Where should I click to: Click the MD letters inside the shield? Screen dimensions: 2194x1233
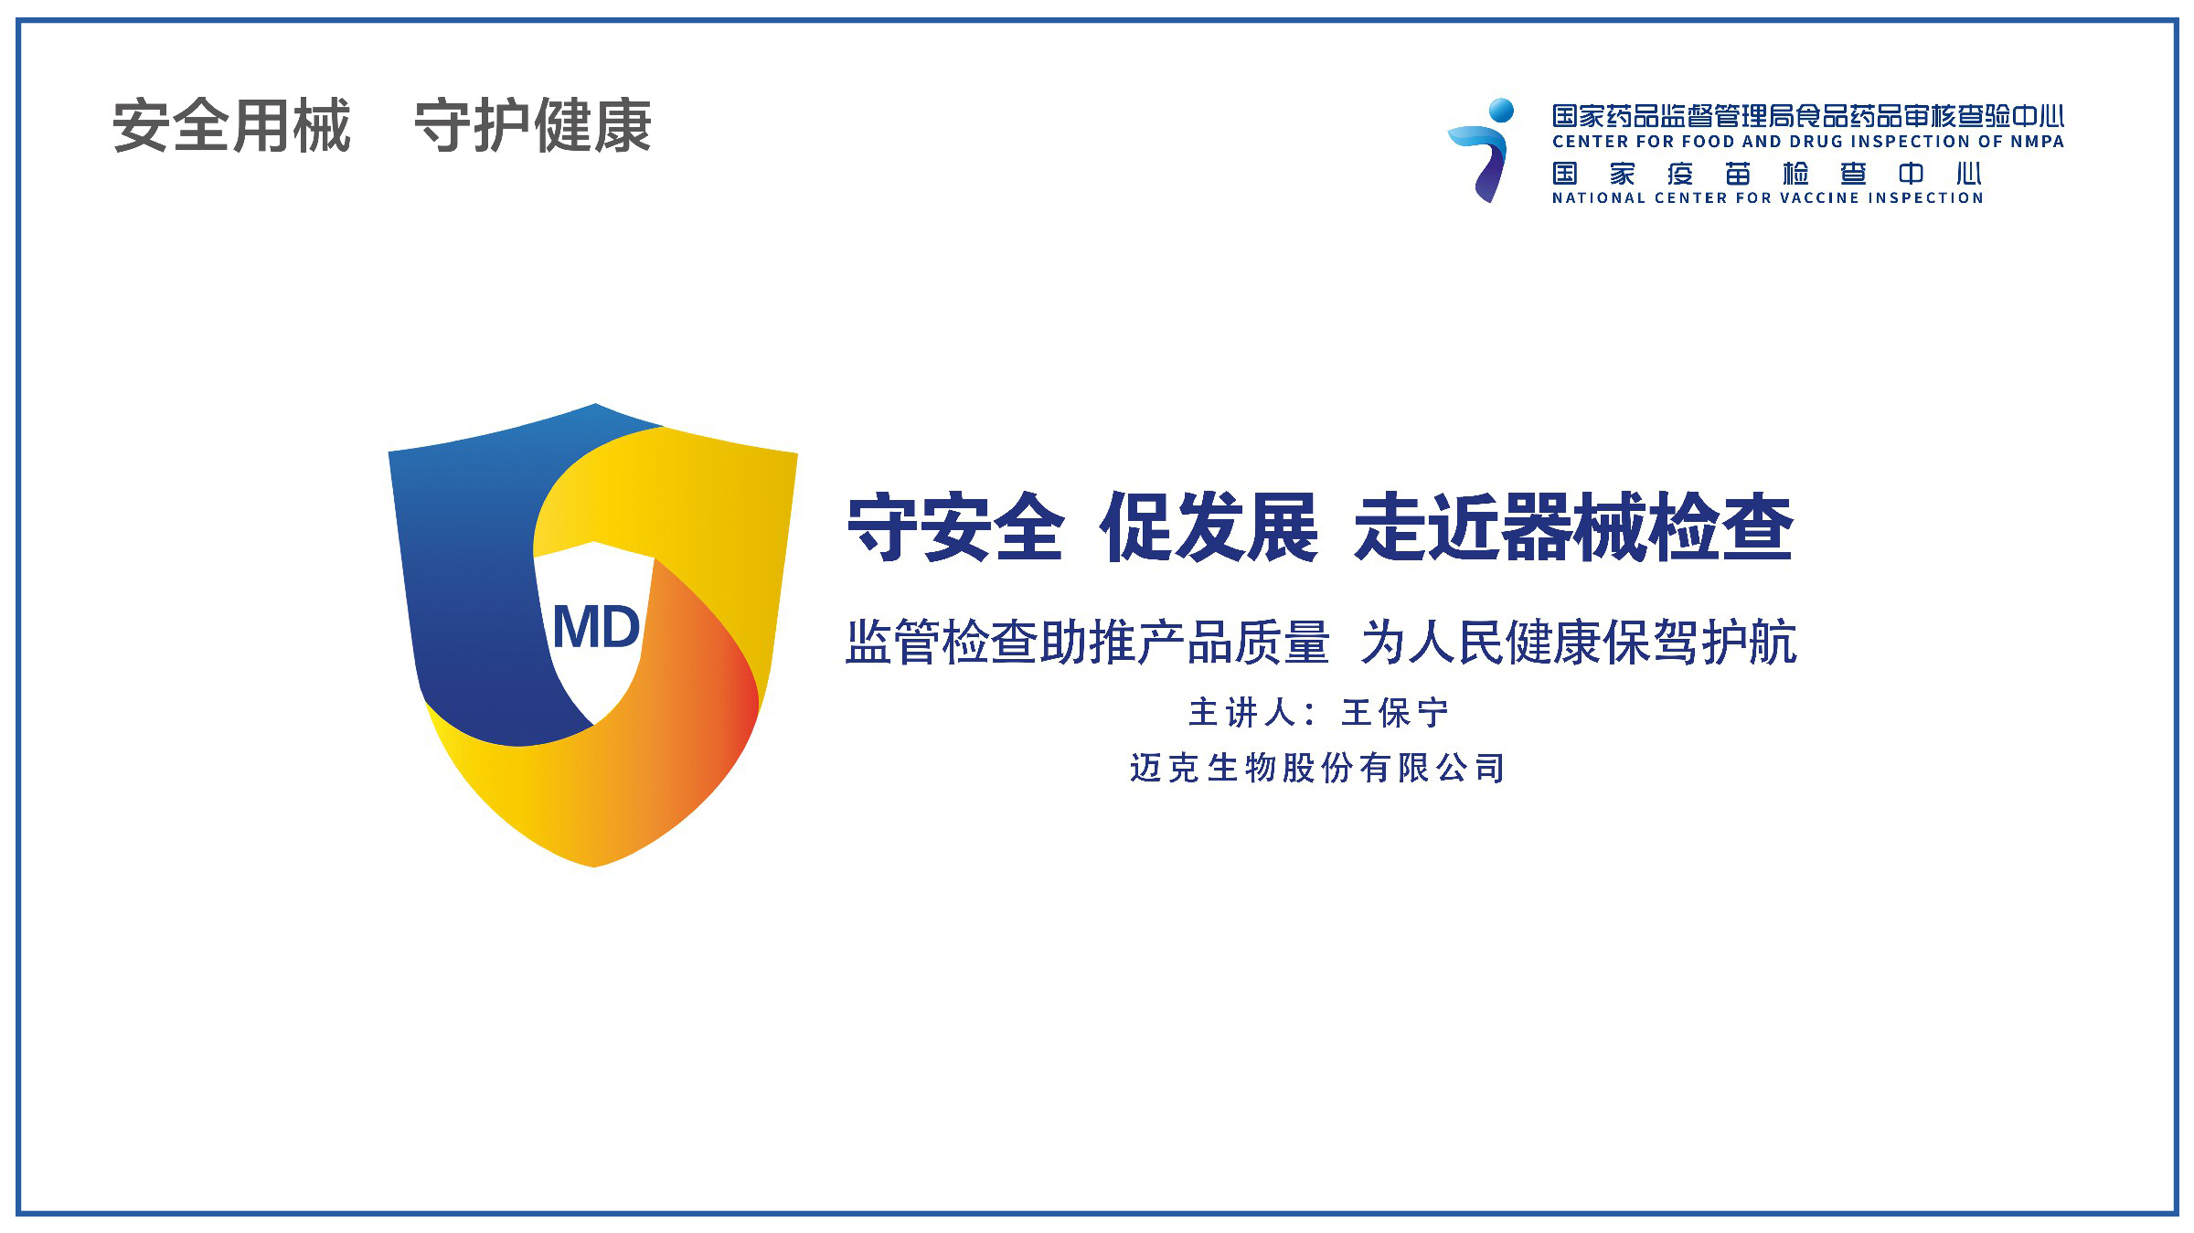596,627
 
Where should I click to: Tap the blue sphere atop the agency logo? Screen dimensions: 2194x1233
1500,111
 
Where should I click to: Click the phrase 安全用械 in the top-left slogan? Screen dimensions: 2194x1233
231,126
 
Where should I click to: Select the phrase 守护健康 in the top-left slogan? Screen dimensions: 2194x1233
533,126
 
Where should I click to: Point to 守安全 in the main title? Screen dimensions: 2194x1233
955,527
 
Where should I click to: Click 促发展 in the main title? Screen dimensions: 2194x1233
1209,527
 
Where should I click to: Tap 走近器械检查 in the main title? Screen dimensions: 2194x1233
1573,527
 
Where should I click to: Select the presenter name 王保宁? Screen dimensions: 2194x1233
1395,713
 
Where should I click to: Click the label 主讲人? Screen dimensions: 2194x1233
1241,713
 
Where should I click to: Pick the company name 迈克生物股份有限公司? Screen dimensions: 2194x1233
1317,768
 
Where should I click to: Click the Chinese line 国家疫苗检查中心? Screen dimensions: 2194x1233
1766,174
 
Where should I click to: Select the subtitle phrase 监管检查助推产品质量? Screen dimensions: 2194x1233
1087,642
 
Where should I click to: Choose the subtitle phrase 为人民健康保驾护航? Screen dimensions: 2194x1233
1579,642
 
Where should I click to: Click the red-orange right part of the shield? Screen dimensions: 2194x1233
722,695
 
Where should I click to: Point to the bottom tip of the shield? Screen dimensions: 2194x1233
594,866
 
